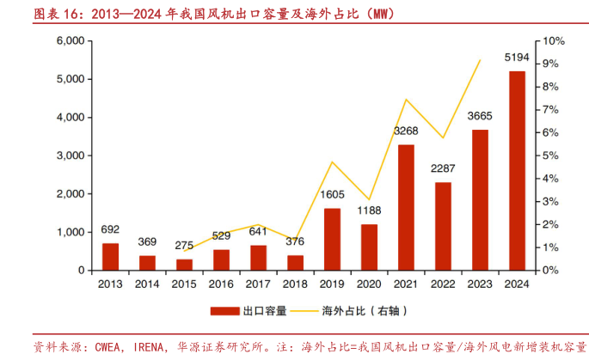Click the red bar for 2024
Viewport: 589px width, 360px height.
[517, 171]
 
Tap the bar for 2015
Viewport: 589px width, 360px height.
[185, 265]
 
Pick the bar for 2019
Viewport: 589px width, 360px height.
[332, 239]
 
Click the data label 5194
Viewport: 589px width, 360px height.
[517, 58]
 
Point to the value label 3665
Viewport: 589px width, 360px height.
[480, 116]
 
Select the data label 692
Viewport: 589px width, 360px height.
[110, 229]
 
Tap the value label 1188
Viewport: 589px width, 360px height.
[369, 211]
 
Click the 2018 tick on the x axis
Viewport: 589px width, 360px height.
[295, 284]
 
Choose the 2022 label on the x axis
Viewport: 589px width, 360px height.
[443, 284]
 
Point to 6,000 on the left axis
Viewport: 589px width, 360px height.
[69, 41]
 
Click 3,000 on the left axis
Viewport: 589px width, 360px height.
[69, 156]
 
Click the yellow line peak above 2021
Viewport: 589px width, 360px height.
[405, 100]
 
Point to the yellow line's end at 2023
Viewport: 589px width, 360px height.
[480, 60]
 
